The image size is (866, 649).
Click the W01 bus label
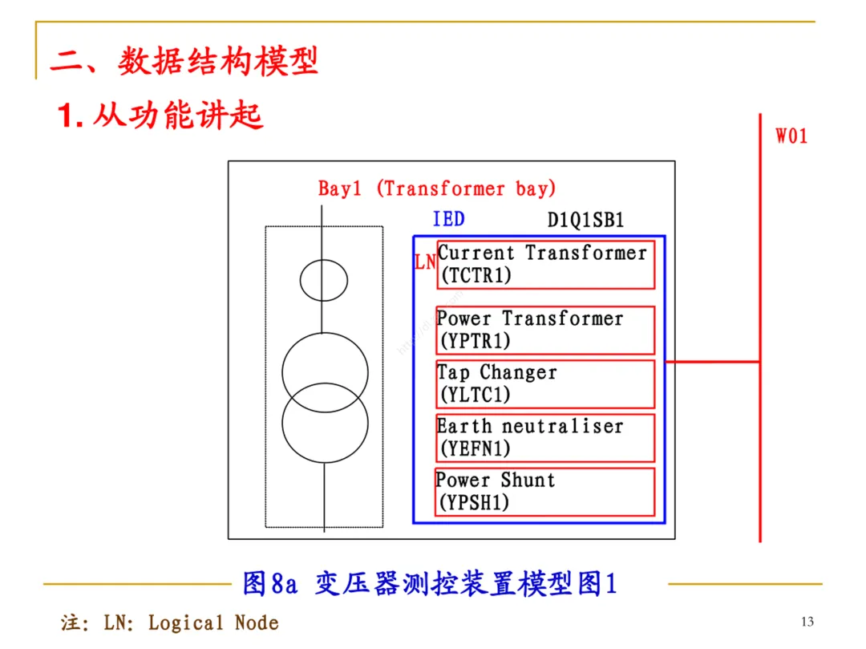tap(791, 136)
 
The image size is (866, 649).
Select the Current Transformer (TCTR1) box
tap(545, 264)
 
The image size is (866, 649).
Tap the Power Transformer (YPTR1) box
tap(545, 330)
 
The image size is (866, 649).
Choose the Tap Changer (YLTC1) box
tap(545, 383)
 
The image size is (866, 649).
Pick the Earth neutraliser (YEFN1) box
tap(545, 437)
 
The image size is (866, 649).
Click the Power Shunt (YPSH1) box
tap(545, 492)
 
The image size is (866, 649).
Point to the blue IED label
tap(448, 219)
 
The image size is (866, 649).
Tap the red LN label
tap(425, 262)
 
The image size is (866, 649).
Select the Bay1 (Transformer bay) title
tap(437, 189)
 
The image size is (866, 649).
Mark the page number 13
tap(807, 622)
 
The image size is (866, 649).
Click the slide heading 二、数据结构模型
tap(184, 61)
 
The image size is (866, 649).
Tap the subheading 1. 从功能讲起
tap(160, 116)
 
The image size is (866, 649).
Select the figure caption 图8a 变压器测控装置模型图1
tap(430, 583)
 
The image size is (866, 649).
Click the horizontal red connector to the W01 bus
tap(712, 362)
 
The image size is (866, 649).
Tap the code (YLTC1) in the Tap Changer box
tap(475, 395)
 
